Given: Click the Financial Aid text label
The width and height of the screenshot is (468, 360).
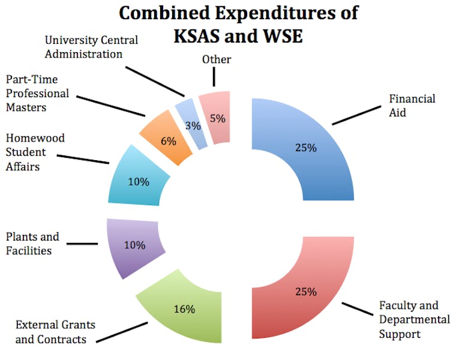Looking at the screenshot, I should click(x=412, y=105).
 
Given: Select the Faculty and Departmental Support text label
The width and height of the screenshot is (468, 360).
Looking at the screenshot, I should click(x=413, y=319).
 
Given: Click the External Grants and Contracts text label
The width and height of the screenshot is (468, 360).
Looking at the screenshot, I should click(x=55, y=332).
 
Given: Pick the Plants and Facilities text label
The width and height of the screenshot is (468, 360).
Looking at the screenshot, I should click(x=32, y=244).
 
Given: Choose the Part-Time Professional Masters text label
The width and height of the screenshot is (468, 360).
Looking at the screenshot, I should click(x=37, y=93).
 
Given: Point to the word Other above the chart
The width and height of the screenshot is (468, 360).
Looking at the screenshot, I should click(x=217, y=59).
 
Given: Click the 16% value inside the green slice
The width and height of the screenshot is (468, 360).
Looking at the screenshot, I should click(x=184, y=309).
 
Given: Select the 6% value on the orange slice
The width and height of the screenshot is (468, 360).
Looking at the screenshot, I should click(x=169, y=142).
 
